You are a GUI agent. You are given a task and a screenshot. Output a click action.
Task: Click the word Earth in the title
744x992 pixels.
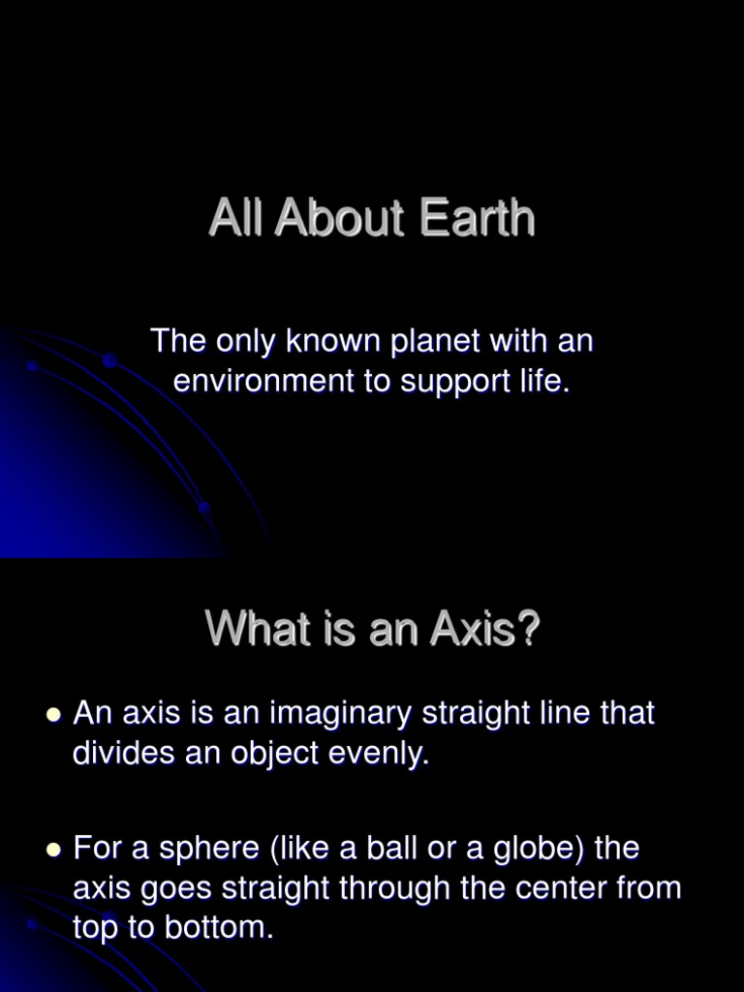click(x=478, y=219)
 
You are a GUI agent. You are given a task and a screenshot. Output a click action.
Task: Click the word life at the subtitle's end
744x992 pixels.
click(x=548, y=381)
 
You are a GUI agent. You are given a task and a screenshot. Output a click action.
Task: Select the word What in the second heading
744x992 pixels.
click(x=249, y=632)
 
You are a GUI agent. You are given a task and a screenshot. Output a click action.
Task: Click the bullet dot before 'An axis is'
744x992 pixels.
click(x=53, y=715)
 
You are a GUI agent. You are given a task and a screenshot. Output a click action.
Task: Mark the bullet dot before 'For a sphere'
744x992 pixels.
click(x=53, y=850)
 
